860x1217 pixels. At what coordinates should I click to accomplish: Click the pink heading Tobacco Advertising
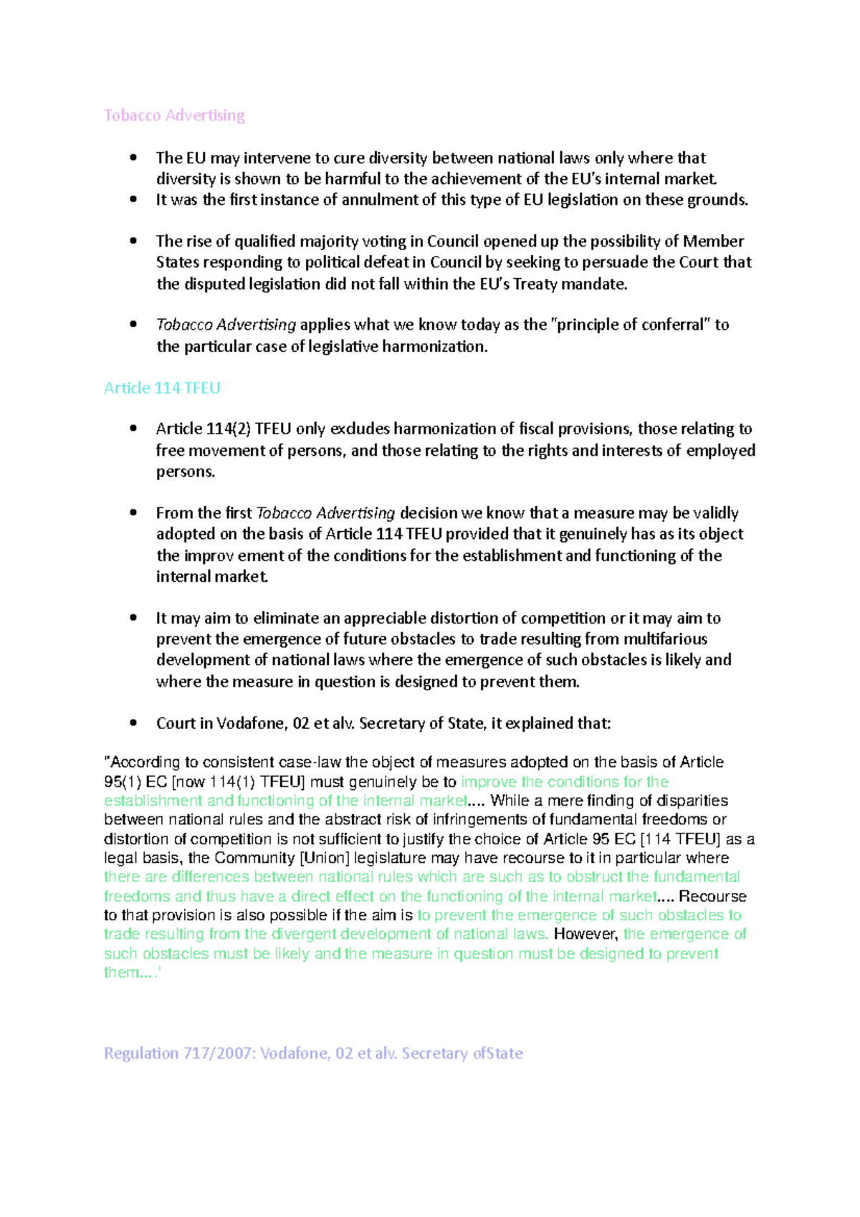(174, 115)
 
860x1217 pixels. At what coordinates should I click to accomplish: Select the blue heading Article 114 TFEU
(162, 388)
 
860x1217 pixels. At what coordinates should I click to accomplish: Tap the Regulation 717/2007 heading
(313, 1053)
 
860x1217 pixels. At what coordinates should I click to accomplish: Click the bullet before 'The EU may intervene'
(133, 158)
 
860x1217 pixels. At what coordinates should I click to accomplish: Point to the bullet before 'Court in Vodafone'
(133, 723)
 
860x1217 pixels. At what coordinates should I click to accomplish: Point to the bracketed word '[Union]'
(325, 858)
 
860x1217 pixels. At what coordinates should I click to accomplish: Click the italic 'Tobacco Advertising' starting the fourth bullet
(226, 325)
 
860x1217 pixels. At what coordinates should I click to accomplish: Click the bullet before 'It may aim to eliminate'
(133, 618)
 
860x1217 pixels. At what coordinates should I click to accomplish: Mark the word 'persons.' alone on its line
(186, 472)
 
